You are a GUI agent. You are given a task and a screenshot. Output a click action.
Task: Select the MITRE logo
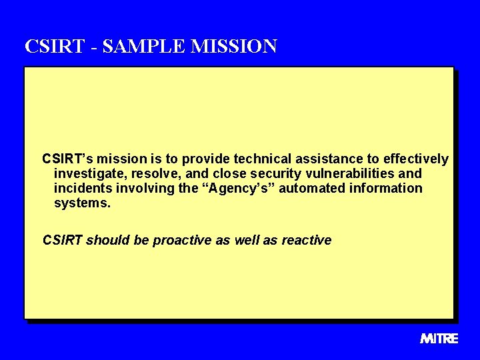[439, 338]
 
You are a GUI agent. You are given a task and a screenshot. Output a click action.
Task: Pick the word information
[385, 188]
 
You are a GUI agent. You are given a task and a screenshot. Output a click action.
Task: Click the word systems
[82, 203]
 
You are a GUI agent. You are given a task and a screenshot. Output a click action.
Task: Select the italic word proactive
[182, 240]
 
